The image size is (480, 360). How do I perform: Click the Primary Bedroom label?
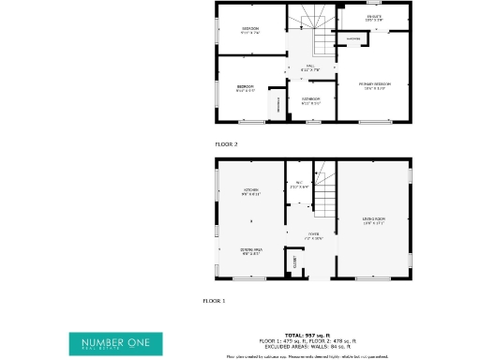(375, 85)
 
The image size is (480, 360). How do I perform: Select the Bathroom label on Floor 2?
(310, 99)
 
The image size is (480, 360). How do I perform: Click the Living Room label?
(374, 222)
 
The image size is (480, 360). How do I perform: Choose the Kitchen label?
(251, 192)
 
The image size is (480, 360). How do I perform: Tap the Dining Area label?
(251, 251)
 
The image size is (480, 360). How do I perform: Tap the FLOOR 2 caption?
(226, 144)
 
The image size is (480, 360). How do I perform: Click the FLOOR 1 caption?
(214, 301)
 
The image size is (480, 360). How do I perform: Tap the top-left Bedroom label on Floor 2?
(250, 30)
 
